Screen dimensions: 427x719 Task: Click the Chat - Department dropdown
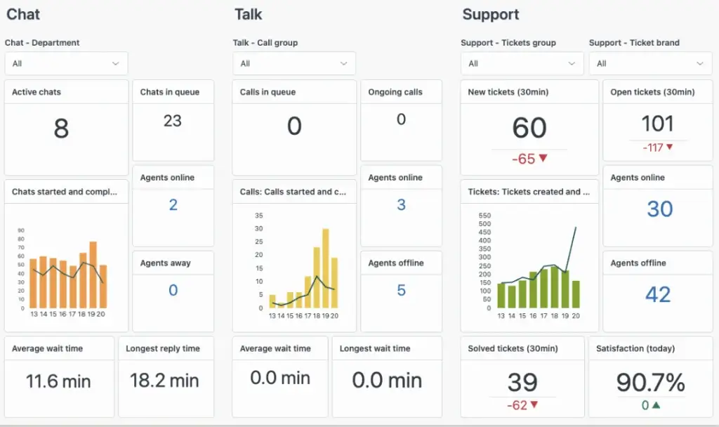point(66,63)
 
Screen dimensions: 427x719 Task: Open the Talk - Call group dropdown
point(294,63)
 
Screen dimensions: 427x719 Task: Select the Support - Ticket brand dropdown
point(650,63)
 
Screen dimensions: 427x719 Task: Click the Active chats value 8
point(61,129)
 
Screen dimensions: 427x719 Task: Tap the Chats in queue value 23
point(173,121)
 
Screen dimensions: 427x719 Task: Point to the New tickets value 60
point(529,128)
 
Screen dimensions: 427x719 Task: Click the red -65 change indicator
point(529,159)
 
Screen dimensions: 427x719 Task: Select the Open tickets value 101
point(657,124)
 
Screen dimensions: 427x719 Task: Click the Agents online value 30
point(659,209)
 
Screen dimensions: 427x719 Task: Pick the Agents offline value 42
point(658,294)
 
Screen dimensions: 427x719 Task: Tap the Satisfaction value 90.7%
point(650,383)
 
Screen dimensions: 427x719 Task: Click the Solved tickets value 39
point(522,383)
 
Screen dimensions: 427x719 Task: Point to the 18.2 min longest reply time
point(164,381)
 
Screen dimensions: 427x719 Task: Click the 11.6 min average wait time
point(58,381)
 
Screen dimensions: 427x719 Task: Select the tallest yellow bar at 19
point(325,268)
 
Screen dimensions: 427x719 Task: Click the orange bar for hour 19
point(93,275)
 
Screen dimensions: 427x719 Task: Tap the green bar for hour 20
point(576,294)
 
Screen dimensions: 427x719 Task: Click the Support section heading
point(491,14)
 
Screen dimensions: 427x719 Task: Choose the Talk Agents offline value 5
point(401,290)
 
